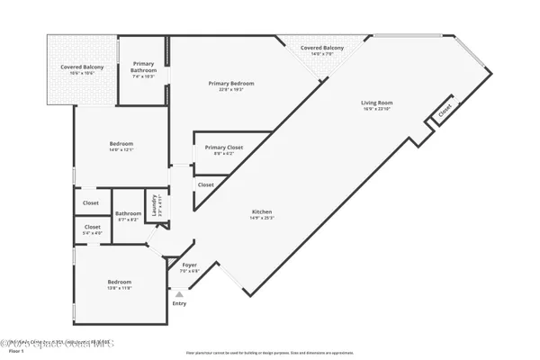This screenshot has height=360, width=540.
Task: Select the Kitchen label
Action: pos(262,211)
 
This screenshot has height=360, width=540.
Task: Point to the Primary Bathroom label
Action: pos(144,66)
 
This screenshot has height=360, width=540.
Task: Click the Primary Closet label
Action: pos(223,148)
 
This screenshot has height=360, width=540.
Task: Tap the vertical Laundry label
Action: pos(154,204)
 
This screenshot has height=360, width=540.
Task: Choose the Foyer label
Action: pos(190,265)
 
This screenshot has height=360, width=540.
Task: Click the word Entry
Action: pos(180,303)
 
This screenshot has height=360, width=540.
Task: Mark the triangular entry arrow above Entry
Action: pos(180,293)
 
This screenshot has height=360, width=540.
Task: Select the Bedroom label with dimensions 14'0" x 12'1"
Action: pos(121,144)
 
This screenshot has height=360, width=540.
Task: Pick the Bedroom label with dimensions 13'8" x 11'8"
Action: pos(120,282)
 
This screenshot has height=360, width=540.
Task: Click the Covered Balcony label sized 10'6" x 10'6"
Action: pos(82,67)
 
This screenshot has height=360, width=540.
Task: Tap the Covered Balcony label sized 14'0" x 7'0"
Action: pos(322,48)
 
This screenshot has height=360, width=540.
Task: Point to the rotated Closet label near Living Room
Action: pos(445,112)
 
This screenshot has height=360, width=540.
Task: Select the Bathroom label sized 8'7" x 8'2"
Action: pos(128,213)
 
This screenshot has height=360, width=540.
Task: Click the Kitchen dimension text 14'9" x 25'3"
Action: pos(262,219)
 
